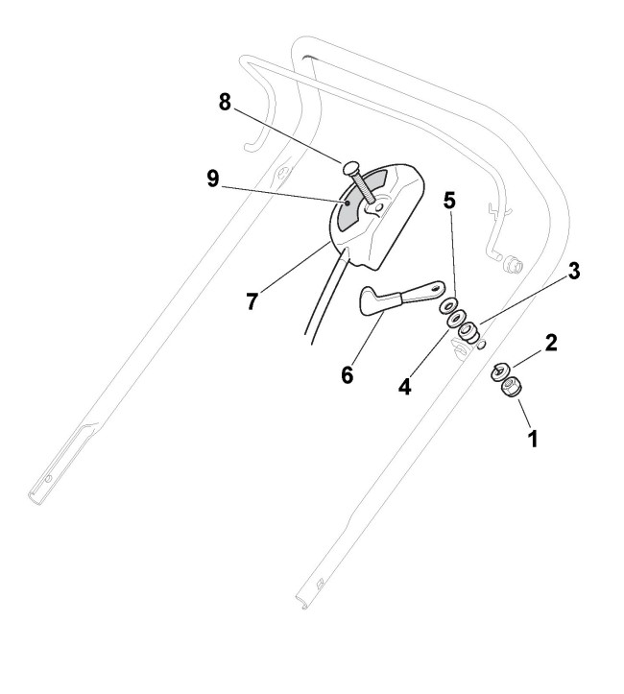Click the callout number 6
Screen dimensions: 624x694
[347, 373]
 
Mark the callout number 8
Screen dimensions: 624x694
[225, 103]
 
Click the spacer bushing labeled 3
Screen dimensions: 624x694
[468, 331]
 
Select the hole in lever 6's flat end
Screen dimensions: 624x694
[435, 286]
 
